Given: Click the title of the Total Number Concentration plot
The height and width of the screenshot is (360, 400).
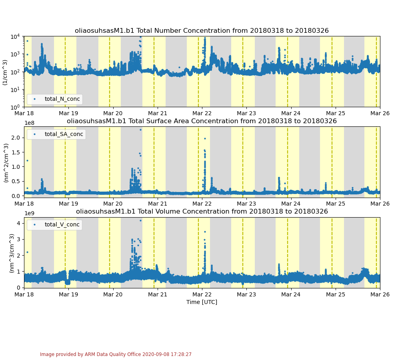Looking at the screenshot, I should [202, 31].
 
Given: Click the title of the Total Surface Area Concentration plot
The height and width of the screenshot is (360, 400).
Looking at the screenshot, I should [202, 121].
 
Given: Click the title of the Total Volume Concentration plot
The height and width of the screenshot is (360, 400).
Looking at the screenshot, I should [202, 211].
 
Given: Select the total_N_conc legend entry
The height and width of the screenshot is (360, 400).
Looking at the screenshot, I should [62, 99].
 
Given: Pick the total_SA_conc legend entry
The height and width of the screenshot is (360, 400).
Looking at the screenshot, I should [64, 134].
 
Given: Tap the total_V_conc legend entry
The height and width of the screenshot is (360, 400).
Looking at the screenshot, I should [62, 225].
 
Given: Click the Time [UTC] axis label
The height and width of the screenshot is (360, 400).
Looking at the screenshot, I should [202, 302].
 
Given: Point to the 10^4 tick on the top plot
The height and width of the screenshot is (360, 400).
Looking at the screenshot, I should [15, 37].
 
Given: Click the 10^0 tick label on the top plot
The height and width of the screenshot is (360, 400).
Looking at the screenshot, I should [15, 107].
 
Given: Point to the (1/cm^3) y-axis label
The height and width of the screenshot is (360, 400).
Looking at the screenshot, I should [5, 72].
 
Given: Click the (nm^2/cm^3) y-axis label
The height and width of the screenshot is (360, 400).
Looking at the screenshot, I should [6, 162].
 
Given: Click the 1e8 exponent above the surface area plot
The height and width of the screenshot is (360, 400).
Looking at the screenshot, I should [29, 123].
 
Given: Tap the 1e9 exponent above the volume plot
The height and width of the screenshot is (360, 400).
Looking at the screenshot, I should [29, 214].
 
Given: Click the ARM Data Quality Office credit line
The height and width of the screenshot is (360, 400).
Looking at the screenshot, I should [116, 354].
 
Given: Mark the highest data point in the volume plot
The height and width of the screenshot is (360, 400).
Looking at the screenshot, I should [140, 220].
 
